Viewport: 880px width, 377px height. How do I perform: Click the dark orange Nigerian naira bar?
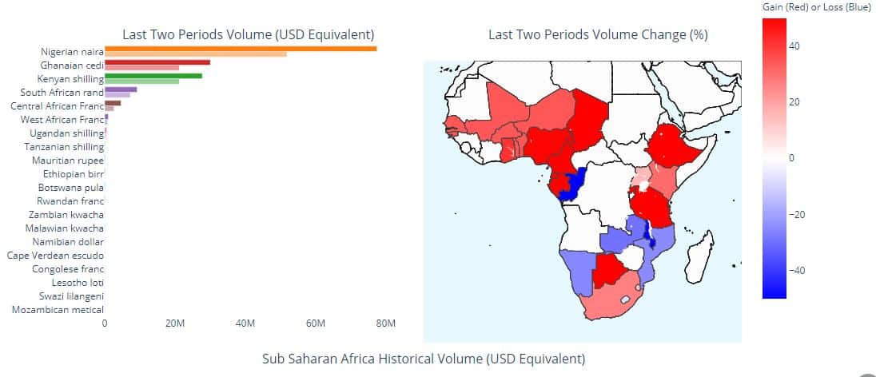(x=240, y=49)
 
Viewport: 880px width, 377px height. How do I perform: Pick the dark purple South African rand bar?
(x=121, y=89)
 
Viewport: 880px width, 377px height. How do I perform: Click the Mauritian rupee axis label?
(x=68, y=161)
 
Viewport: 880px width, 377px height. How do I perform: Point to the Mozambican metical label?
(x=58, y=310)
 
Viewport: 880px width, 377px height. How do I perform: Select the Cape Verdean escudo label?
(x=55, y=256)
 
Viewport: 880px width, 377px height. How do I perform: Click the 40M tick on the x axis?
(x=245, y=323)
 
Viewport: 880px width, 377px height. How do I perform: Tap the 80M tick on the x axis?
(x=385, y=323)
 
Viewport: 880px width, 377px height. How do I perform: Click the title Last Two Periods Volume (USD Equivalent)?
(x=248, y=34)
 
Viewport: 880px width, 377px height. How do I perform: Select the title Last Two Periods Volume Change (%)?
(x=598, y=34)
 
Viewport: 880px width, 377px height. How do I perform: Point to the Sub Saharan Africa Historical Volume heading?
(x=424, y=358)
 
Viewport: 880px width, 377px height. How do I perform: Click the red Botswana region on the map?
(x=609, y=270)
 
